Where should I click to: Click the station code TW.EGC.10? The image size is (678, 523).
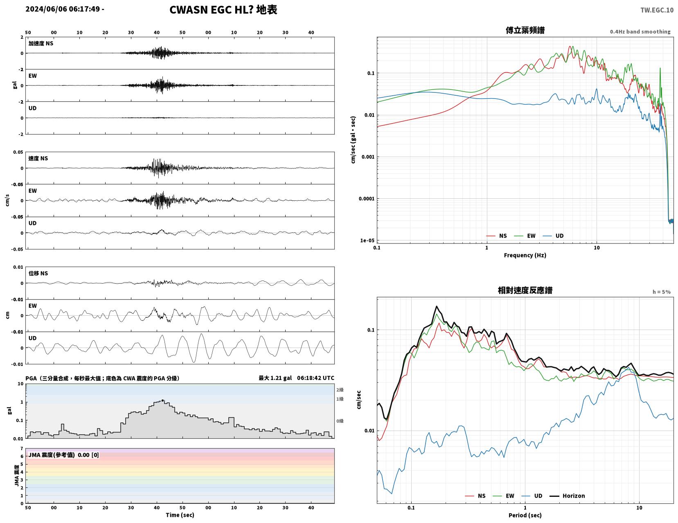tap(656, 10)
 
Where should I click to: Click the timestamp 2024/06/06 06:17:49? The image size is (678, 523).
tap(63, 9)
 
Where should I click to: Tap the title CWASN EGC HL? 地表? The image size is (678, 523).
tap(223, 10)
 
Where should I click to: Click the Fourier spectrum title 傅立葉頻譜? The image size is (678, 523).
tap(525, 30)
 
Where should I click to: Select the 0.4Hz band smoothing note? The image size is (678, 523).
tap(640, 31)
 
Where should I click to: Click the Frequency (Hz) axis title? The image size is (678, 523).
tap(525, 255)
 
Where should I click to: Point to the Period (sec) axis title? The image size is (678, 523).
tap(525, 515)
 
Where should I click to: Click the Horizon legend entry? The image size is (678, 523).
tap(567, 496)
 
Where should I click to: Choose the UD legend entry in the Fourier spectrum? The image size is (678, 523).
tap(553, 236)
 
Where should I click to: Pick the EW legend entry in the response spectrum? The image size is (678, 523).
tap(504, 496)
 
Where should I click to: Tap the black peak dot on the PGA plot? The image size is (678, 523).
tap(162, 400)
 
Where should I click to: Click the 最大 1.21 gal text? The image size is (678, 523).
tap(275, 378)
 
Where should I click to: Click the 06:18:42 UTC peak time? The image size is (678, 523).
tap(315, 378)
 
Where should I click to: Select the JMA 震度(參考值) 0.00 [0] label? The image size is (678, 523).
tap(64, 455)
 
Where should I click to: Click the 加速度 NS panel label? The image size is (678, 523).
tap(41, 43)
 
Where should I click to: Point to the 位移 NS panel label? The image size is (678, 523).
tap(38, 273)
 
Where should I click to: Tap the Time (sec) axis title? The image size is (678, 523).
tap(180, 515)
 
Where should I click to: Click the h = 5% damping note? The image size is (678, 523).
tap(661, 292)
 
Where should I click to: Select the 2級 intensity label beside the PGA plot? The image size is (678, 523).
tap(340, 390)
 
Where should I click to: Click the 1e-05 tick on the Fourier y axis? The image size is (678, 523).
tap(367, 240)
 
